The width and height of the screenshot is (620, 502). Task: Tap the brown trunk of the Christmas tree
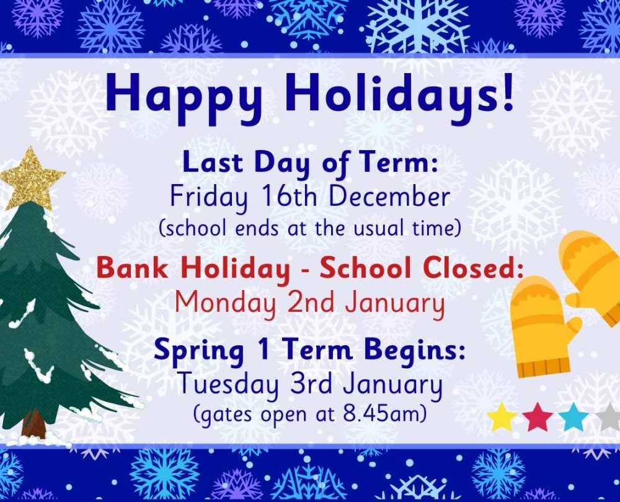pyautogui.click(x=34, y=423)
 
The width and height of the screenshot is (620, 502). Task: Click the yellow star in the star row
pyautogui.click(x=502, y=417)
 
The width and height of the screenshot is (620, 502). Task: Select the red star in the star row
pyautogui.click(x=538, y=417)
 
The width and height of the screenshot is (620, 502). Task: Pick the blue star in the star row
pyautogui.click(x=573, y=417)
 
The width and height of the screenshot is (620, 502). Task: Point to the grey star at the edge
pyautogui.click(x=608, y=417)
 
